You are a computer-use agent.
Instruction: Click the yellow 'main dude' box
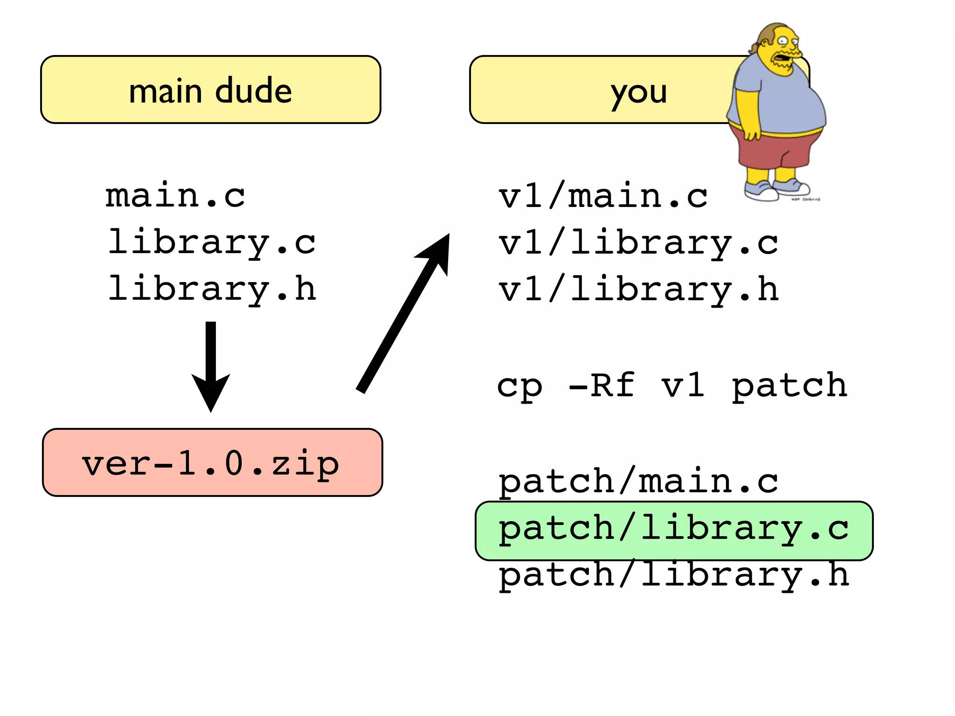click(x=211, y=89)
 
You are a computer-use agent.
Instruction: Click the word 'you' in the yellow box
click(x=639, y=92)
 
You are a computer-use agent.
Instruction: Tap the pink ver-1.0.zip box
click(x=213, y=462)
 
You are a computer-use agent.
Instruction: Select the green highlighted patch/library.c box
click(x=674, y=530)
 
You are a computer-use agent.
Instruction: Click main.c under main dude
click(x=175, y=195)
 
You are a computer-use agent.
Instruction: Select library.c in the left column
click(x=212, y=242)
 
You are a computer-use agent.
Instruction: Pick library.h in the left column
click(x=212, y=289)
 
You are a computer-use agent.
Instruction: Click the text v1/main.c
click(x=603, y=196)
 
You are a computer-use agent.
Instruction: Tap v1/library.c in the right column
click(x=638, y=243)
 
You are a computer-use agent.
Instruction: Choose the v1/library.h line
click(x=638, y=289)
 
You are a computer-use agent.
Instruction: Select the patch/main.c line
click(x=638, y=481)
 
